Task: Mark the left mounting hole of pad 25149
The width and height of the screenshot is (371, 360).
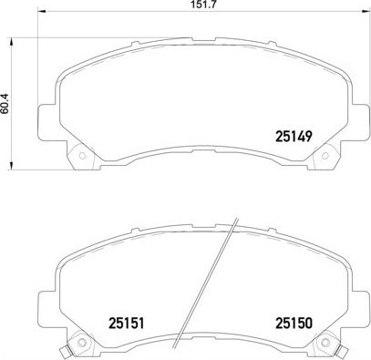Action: click(x=81, y=154)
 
